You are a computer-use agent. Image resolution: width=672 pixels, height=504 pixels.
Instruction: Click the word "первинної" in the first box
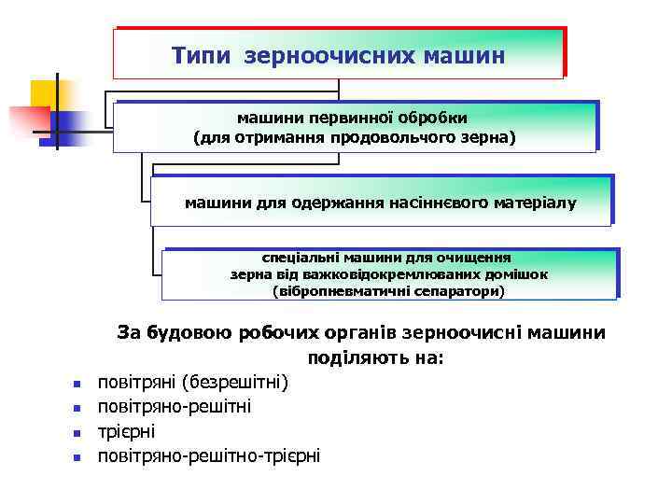pos(341,119)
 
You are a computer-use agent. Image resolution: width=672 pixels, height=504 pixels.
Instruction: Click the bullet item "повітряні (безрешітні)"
pos(194,382)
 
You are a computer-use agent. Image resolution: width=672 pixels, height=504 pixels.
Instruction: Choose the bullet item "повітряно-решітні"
pos(175,407)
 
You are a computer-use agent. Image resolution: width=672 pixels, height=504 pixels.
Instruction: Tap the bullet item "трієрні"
pos(127,431)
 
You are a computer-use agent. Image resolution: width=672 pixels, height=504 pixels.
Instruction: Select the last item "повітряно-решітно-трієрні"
pos(209,455)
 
